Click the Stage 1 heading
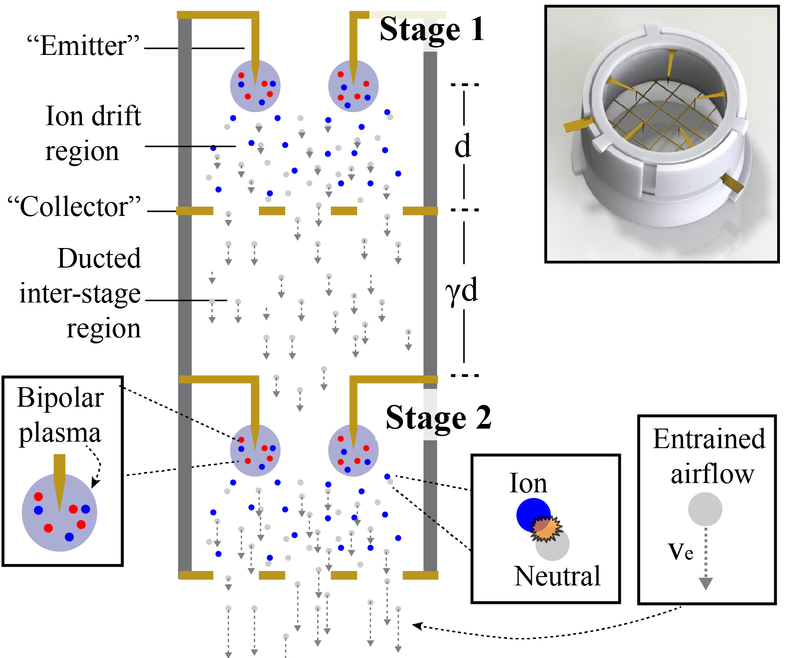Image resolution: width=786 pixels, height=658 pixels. [x=432, y=29]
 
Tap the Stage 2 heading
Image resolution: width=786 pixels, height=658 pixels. [x=438, y=417]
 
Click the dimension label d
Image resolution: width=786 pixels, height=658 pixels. [x=463, y=146]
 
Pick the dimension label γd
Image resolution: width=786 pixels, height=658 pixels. [x=461, y=291]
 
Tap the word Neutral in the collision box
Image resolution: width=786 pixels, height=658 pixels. [x=557, y=576]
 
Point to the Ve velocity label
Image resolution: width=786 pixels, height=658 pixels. [x=680, y=551]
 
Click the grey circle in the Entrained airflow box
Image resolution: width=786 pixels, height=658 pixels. [x=705, y=510]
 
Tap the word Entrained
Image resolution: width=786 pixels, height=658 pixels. [x=709, y=439]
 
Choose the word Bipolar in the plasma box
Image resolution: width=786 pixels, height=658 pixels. [x=60, y=398]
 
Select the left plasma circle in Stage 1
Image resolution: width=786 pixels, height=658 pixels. [x=255, y=86]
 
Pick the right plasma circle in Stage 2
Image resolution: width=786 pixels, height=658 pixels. [x=353, y=450]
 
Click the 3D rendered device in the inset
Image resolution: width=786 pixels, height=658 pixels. [x=661, y=130]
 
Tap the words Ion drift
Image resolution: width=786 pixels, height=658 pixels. [x=93, y=116]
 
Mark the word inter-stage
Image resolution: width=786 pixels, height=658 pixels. [x=80, y=294]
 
